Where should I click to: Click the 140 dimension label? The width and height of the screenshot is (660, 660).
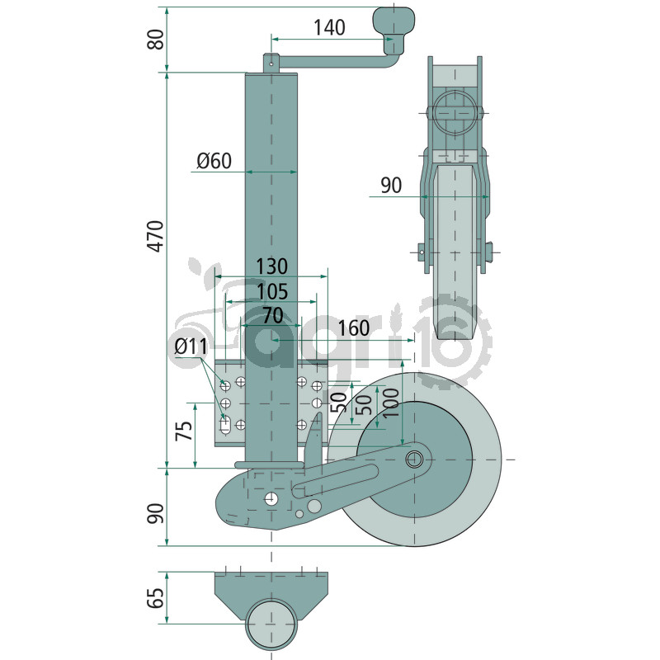point(329,27)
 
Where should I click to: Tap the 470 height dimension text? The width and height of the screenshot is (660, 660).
point(156,236)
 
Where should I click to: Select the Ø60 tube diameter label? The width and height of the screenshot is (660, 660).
point(214,161)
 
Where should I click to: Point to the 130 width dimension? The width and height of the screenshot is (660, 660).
point(272,266)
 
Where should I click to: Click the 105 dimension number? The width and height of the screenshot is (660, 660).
point(272,291)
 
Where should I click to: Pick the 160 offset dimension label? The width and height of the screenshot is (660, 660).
point(354,328)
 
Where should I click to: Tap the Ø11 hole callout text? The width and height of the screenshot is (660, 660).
point(191,346)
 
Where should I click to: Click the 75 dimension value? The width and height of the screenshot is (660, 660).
point(184,430)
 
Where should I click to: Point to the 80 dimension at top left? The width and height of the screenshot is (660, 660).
point(156,40)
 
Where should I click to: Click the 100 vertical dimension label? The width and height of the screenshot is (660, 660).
point(391,403)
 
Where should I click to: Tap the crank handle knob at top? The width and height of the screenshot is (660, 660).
point(394,20)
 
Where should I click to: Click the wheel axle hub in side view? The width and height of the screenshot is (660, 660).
point(415,460)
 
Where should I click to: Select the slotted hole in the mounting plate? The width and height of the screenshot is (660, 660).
point(225,425)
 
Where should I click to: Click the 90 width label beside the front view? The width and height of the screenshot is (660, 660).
point(391,185)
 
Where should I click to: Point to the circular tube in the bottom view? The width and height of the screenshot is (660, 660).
point(272,624)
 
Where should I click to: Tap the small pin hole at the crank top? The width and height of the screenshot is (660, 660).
point(271,65)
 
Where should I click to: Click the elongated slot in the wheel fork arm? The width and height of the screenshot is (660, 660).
point(335,480)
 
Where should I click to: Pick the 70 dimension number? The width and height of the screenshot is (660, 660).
point(273,316)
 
